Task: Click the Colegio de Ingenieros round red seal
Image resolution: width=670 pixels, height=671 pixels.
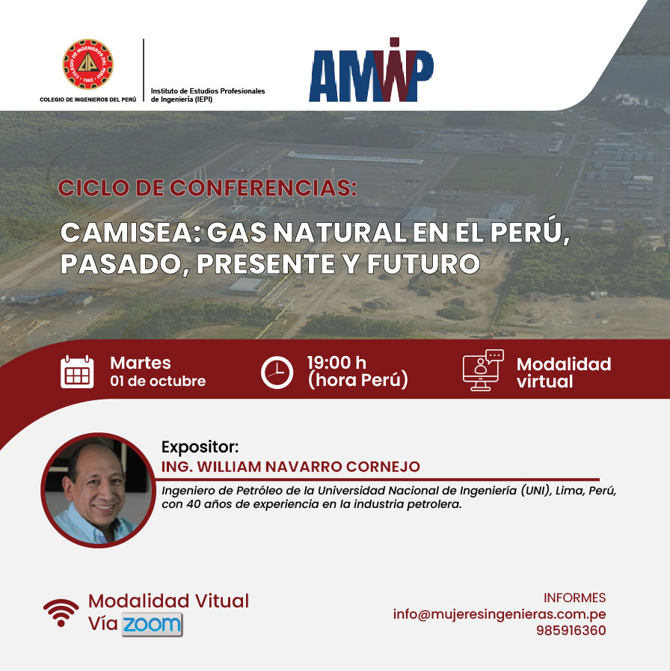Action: click(x=88, y=64)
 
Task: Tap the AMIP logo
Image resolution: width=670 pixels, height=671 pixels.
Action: click(x=371, y=70)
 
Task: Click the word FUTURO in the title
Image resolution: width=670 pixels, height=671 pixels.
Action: click(x=423, y=263)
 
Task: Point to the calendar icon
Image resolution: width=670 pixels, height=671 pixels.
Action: click(x=77, y=372)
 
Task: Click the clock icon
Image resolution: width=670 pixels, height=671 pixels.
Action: click(x=277, y=373)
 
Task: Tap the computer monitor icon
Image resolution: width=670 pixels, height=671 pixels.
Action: click(x=483, y=370)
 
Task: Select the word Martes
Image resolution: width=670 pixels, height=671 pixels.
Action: click(x=141, y=363)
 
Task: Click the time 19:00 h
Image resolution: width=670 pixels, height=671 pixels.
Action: click(x=336, y=363)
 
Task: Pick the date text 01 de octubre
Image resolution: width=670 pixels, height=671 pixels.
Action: click(x=158, y=381)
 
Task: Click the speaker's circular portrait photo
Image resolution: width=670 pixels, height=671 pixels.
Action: click(x=98, y=490)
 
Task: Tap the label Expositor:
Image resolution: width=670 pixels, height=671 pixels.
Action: click(x=200, y=447)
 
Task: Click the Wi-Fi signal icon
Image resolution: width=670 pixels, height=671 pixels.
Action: click(x=61, y=613)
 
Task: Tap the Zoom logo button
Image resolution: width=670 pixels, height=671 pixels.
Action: click(x=152, y=625)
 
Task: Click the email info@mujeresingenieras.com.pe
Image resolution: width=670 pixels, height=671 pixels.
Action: click(x=500, y=614)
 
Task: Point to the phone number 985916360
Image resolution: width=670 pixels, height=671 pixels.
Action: click(x=571, y=631)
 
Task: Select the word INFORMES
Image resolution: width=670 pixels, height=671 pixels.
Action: click(x=574, y=598)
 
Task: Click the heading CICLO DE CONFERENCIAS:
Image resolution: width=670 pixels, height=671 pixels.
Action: click(x=207, y=188)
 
